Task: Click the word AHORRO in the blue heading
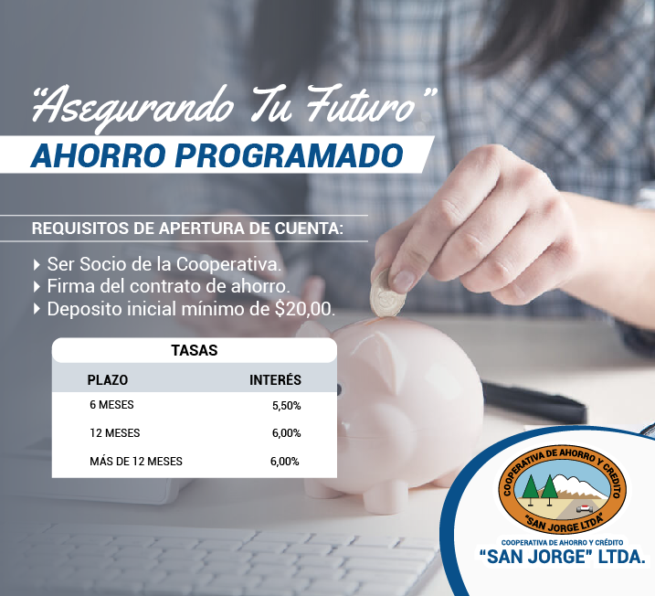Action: click(x=99, y=155)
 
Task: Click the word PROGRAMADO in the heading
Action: click(x=289, y=155)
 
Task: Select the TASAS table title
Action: click(x=195, y=350)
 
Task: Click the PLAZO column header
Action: click(x=108, y=380)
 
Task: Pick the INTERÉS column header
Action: click(x=275, y=379)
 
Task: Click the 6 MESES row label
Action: click(x=111, y=405)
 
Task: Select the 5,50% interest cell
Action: click(x=287, y=406)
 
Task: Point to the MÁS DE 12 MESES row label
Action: click(x=136, y=461)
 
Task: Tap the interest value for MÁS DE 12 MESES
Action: click(x=284, y=462)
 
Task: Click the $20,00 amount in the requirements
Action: click(x=305, y=309)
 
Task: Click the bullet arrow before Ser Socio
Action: click(x=37, y=264)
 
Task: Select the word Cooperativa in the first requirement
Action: click(x=228, y=264)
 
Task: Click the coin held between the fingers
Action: click(x=386, y=294)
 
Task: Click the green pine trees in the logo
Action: click(x=539, y=488)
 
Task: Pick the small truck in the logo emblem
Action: click(x=585, y=508)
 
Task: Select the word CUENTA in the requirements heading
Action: click(x=309, y=229)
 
